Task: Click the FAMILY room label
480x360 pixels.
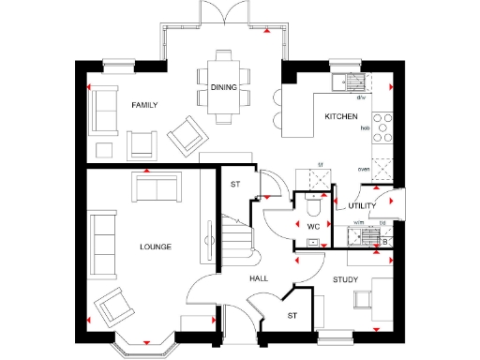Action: tap(143, 105)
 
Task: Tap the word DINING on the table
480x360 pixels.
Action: tap(223, 87)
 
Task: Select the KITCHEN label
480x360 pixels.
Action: tap(339, 116)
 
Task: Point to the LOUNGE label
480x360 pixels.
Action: tap(155, 247)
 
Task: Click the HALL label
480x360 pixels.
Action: tap(260, 279)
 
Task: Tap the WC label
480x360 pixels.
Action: tap(314, 226)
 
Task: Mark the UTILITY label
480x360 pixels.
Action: tap(362, 205)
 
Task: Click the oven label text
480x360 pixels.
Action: tap(363, 170)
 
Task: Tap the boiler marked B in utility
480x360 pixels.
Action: tap(385, 242)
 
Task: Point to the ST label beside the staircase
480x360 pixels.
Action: tap(235, 184)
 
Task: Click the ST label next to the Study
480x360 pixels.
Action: tap(292, 316)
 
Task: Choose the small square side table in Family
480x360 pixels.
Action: tap(104, 149)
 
